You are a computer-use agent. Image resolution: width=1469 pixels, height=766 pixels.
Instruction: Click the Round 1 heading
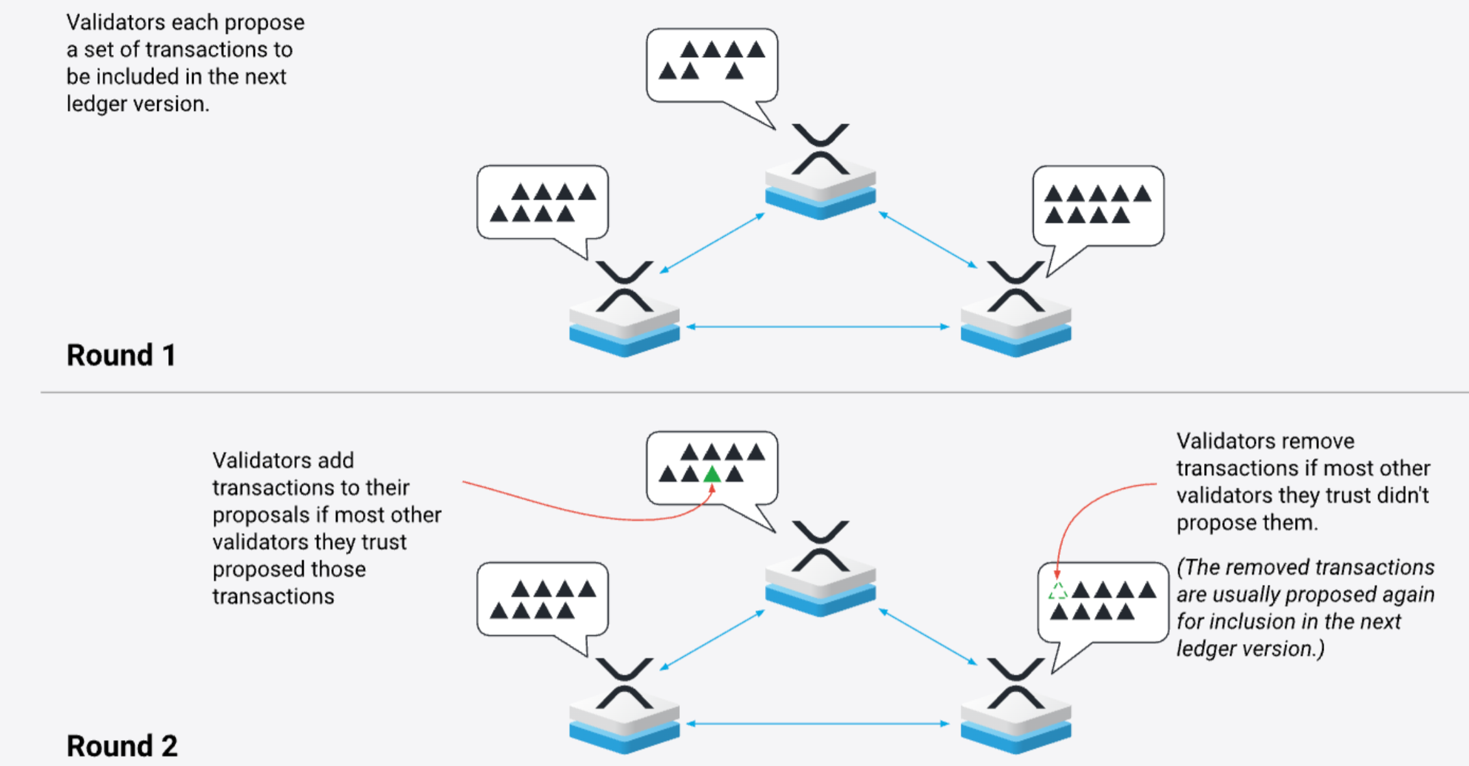tap(121, 355)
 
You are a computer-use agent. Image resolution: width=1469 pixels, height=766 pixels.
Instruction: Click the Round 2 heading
tap(122, 746)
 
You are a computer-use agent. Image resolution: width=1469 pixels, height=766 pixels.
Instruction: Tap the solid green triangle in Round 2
tap(712, 475)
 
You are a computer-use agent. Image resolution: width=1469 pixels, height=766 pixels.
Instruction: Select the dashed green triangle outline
tap(1058, 591)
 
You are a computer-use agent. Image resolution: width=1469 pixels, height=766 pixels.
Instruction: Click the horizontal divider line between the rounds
tap(753, 392)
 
